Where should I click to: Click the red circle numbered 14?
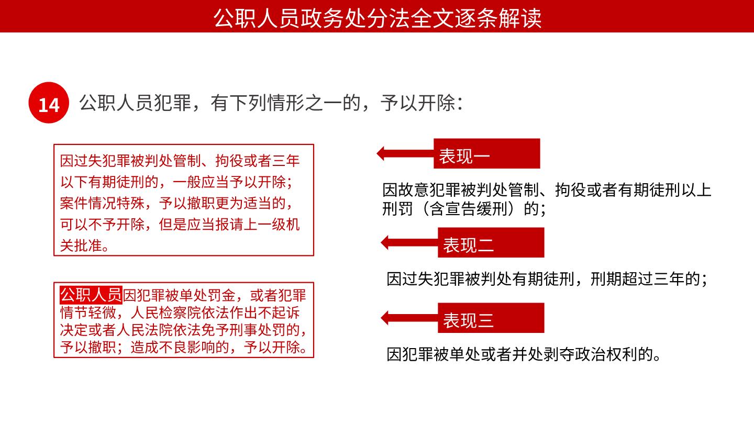49,103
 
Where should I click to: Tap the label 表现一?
464,156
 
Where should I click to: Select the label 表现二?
468,245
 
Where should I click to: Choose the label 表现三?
468,320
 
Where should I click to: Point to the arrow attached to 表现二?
409,242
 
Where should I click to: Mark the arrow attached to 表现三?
409,318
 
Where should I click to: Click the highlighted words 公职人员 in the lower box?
91,295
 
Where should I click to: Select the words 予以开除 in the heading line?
418,103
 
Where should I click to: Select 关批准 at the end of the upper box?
81,246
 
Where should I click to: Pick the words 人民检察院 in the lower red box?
165,313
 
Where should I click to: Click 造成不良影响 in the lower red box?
173,347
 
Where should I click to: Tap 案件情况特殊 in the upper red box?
102,203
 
